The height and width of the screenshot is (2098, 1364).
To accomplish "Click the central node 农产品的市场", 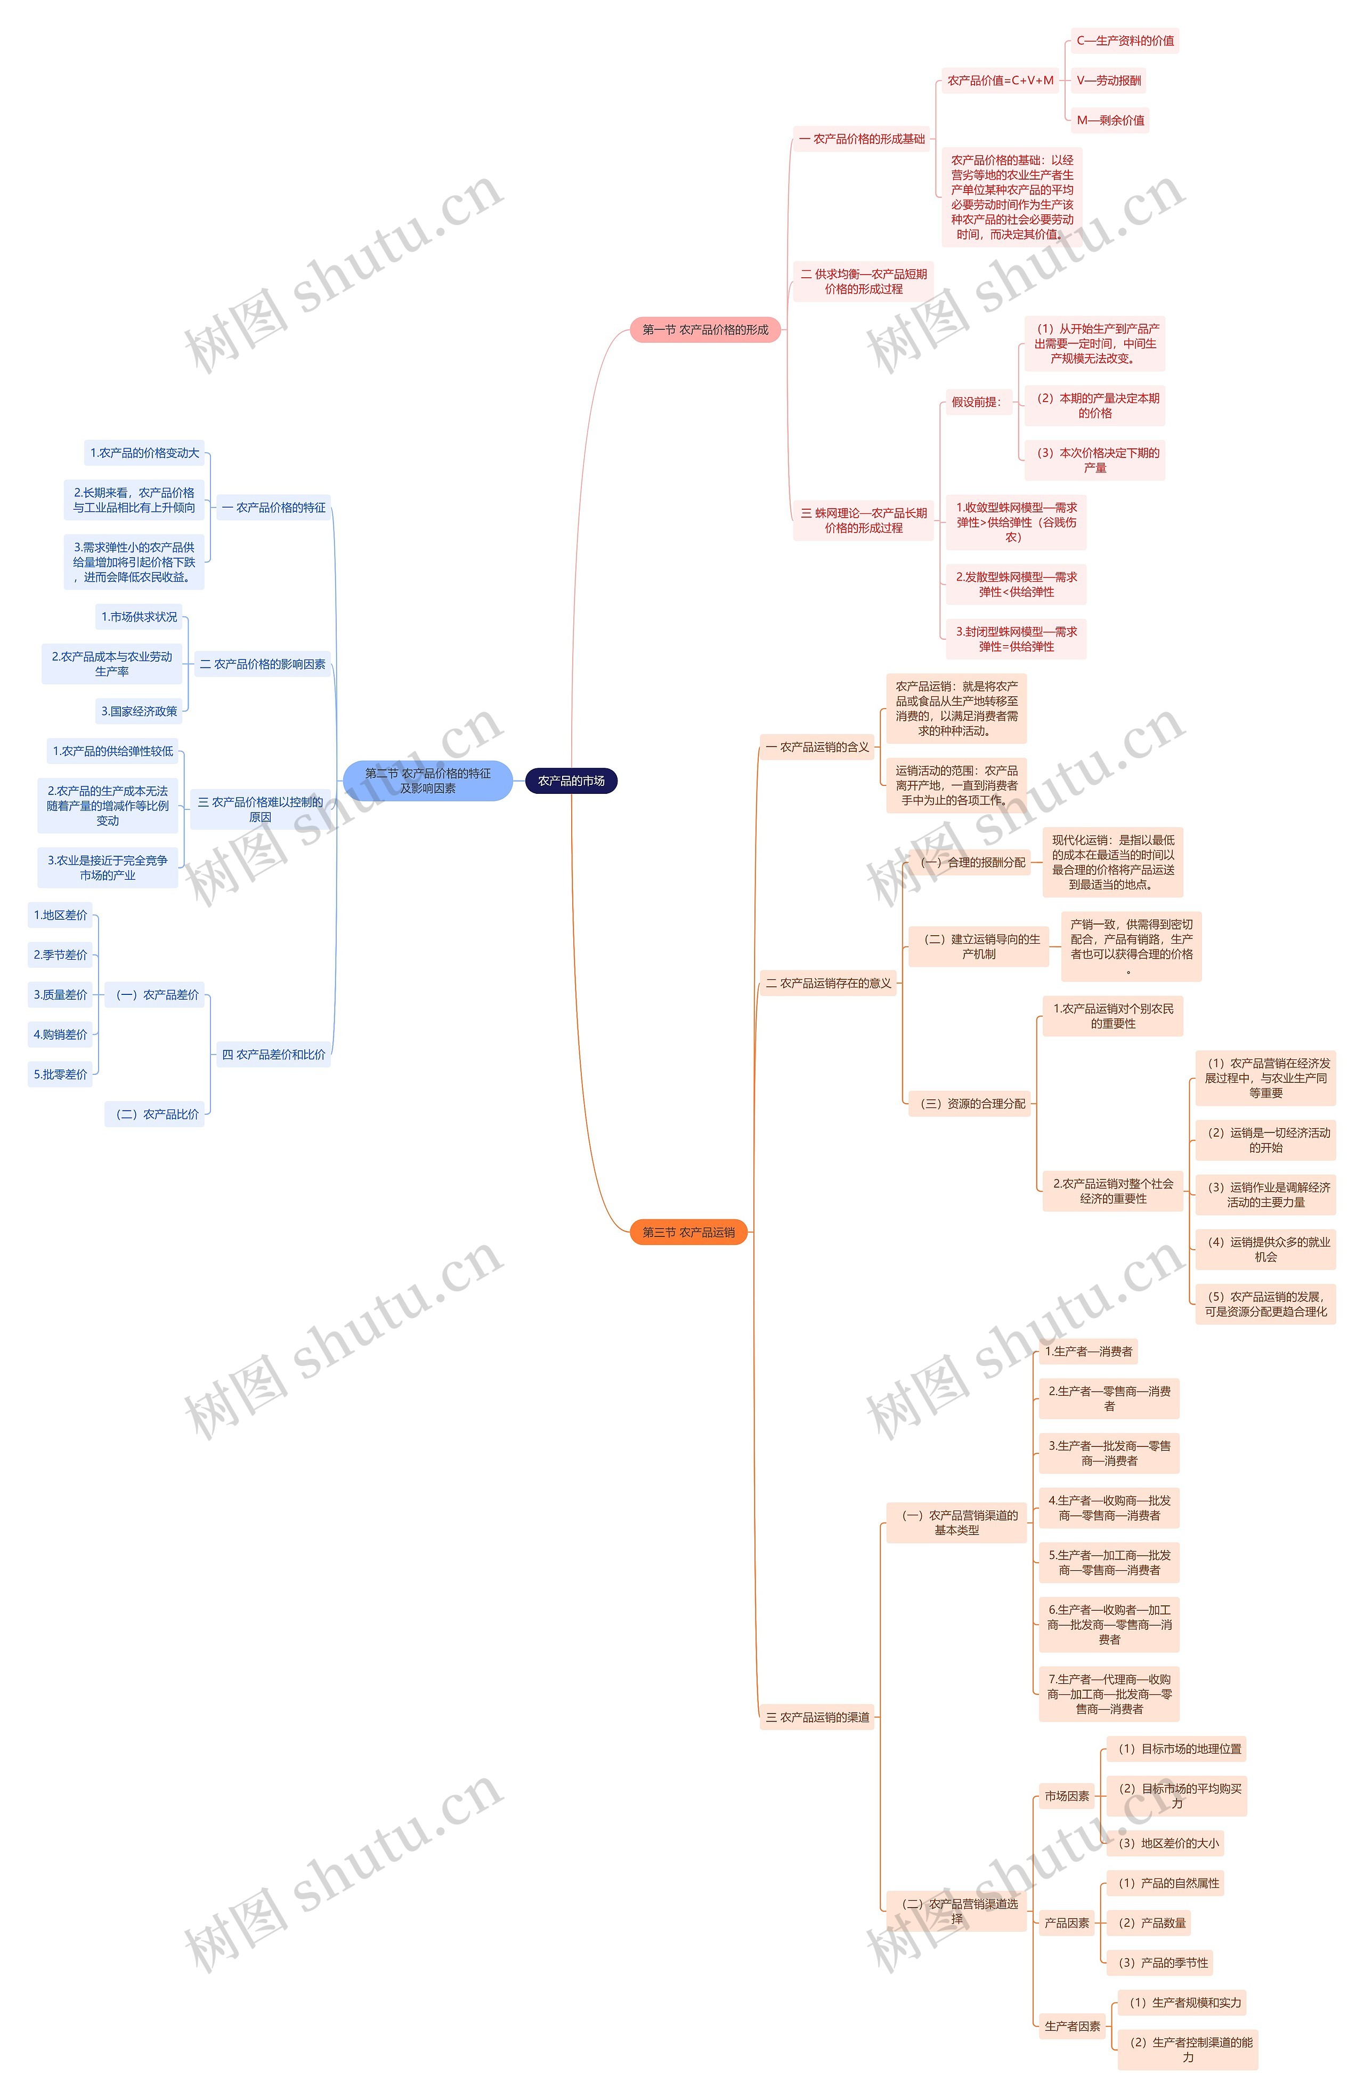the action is point(571,781).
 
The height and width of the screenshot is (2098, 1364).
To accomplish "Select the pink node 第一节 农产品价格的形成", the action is point(705,329).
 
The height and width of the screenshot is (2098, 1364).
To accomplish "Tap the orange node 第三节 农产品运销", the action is point(688,1232).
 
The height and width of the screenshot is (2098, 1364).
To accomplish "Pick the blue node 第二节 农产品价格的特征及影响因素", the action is point(427,781).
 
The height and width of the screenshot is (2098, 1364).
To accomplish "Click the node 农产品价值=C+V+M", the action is point(1000,80).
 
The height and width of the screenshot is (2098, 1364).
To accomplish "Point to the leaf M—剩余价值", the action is point(1110,120).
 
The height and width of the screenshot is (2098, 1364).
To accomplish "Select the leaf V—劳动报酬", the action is point(1108,80).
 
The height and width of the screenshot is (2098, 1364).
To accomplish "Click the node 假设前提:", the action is point(976,402).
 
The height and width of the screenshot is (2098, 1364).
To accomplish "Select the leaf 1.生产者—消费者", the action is point(1088,1352).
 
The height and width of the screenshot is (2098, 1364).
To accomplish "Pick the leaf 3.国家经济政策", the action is point(139,711).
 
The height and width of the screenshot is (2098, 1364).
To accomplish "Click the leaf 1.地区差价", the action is point(60,915).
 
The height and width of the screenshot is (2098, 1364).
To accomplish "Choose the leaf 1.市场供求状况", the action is point(139,617).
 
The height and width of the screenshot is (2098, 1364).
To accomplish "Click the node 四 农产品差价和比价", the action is point(273,1054).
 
